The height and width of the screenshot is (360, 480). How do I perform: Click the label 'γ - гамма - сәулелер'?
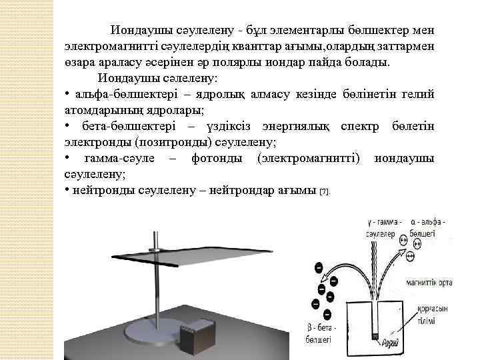coord(382,228)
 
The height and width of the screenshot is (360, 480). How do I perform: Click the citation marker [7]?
coord(325,192)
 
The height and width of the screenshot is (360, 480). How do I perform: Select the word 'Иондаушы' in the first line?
coord(139,31)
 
